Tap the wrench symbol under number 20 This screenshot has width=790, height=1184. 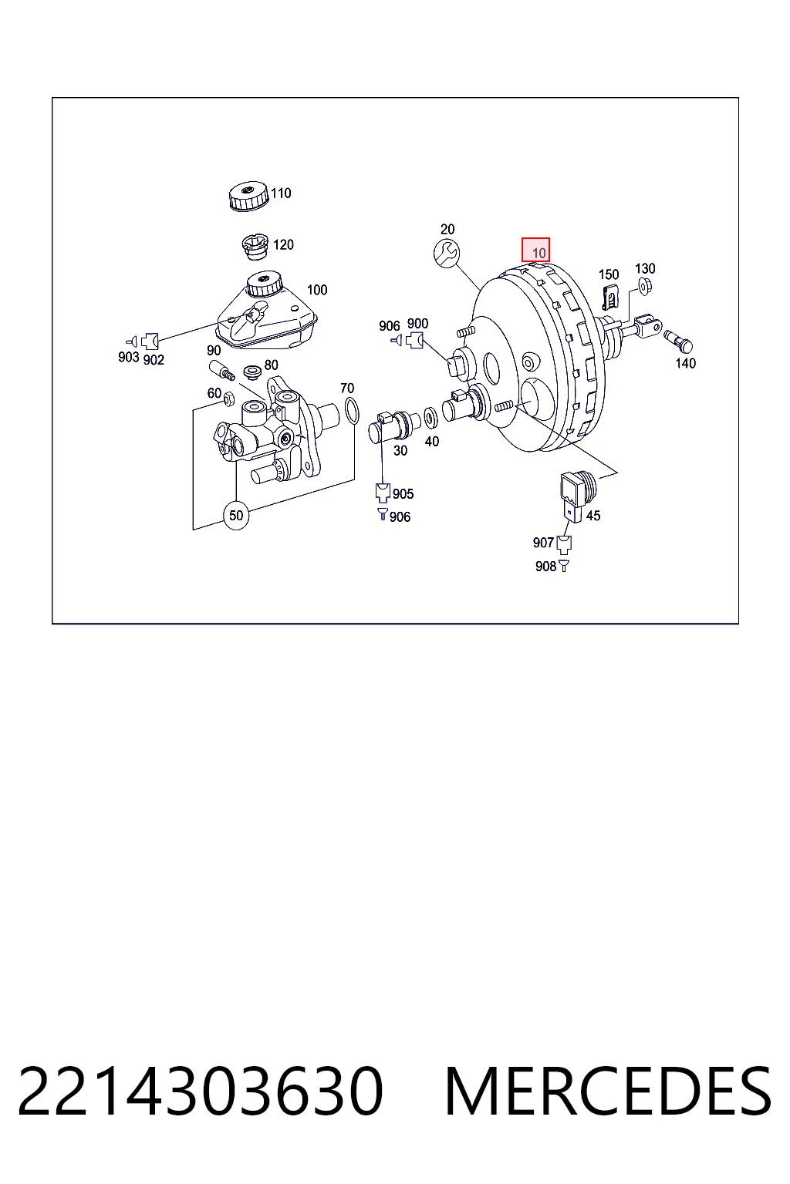click(447, 253)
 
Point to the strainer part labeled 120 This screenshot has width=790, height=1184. click(256, 247)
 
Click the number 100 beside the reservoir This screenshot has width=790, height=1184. click(317, 290)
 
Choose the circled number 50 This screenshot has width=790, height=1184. click(236, 515)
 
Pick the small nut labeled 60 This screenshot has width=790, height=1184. click(228, 399)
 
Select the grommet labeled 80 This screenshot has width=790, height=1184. click(252, 372)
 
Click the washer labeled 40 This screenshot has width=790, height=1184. click(430, 418)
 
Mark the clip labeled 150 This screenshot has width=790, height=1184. click(610, 297)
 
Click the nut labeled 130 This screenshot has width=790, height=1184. click(644, 286)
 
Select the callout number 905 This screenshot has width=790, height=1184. click(403, 493)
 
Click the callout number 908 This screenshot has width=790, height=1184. click(545, 566)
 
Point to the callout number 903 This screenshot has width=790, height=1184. click(128, 358)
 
